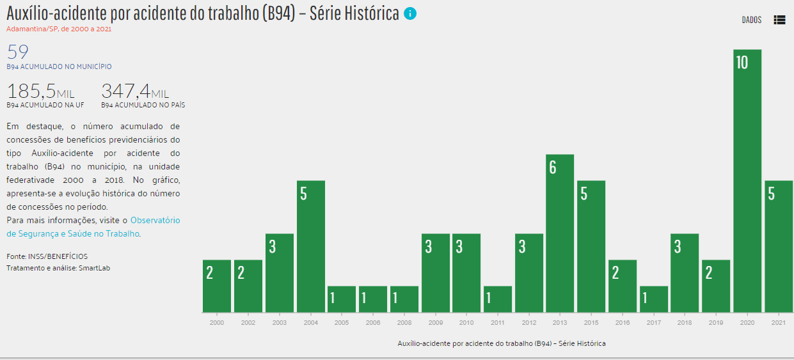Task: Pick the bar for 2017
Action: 654,299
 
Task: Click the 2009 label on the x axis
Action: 436,324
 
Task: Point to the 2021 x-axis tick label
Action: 779,324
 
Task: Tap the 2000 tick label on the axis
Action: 217,324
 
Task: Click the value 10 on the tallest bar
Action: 742,63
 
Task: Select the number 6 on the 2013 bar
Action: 553,168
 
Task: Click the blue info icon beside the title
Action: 410,13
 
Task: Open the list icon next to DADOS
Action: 779,20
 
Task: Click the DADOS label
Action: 752,20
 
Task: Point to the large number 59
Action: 18,52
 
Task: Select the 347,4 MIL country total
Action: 135,91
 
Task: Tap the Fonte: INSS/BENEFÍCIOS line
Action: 47,256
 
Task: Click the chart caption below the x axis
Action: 501,344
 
